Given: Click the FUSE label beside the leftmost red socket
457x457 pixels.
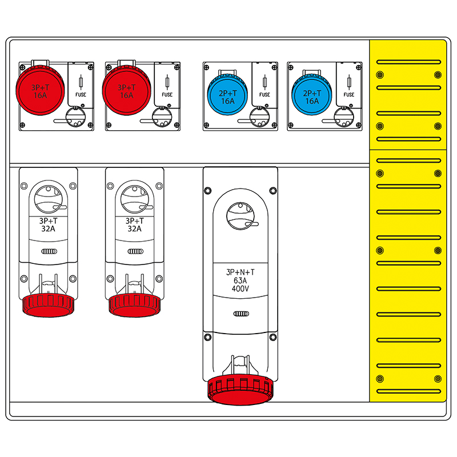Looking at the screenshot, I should tap(81, 95).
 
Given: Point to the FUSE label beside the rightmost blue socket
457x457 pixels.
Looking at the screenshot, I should tap(349, 95).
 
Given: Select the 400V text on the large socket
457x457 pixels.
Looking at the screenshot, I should tap(240, 289).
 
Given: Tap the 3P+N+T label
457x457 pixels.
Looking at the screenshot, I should tap(240, 272).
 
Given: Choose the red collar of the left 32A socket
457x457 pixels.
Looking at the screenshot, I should tap(49, 304).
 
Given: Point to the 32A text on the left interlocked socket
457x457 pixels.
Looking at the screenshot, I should tap(49, 228).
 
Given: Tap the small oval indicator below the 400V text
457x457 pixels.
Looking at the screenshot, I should tap(240, 314).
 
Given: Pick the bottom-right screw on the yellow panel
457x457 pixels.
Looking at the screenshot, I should tap(437, 378).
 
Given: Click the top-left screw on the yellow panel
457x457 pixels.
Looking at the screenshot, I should tap(379, 75).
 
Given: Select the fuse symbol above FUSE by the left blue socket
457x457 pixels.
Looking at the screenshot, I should tap(264, 82).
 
